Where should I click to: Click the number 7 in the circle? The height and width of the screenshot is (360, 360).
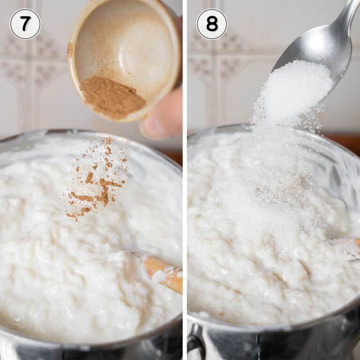pos(25,24)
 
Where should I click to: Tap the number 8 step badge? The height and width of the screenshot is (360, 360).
pos(211,24)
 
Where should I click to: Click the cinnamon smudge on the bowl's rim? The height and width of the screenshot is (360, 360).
pos(70,49)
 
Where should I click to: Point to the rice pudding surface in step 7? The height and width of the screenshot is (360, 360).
pos(70,262)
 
